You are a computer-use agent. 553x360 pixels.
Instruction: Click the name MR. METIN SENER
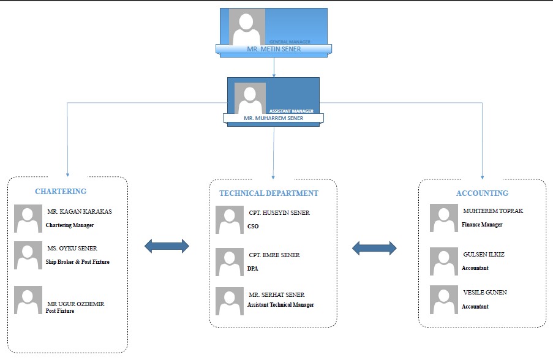tap(273, 49)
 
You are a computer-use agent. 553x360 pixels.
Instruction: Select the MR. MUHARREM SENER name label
tap(273, 118)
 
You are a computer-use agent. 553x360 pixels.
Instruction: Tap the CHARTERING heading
tap(61, 192)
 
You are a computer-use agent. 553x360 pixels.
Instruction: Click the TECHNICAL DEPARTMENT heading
tap(269, 193)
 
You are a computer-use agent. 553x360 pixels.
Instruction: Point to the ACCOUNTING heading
tap(482, 193)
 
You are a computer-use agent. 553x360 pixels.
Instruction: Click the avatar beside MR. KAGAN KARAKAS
tap(28, 219)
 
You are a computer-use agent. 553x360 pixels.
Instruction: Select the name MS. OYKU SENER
tap(72, 249)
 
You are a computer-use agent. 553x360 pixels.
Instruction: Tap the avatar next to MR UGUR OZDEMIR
tap(28, 300)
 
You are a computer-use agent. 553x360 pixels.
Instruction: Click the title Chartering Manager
tap(70, 225)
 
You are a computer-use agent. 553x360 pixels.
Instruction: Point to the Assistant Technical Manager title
tap(280, 305)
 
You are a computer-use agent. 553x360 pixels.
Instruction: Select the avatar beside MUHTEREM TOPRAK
tap(444, 218)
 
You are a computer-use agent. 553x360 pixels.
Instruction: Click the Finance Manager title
tap(482, 225)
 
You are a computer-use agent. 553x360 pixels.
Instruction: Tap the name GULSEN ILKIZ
tap(484, 254)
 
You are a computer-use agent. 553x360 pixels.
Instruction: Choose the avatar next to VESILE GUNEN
tap(444, 300)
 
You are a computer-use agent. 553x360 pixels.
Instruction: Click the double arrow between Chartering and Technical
tap(167, 247)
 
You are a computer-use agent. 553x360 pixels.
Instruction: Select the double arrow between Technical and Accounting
tap(375, 248)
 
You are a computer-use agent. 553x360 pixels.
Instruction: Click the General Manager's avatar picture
tap(247, 28)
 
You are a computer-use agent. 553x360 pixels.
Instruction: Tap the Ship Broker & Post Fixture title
tap(78, 262)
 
